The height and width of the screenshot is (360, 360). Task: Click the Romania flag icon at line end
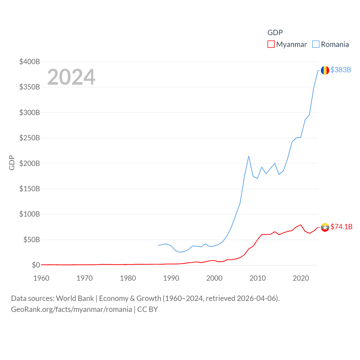click(325, 70)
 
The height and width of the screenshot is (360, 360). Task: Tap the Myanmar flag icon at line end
click(325, 227)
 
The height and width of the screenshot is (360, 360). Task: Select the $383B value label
click(341, 70)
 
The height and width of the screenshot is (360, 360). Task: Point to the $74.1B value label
click(341, 227)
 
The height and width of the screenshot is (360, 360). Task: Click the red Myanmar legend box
click(271, 44)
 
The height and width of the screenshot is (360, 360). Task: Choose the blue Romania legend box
click(316, 44)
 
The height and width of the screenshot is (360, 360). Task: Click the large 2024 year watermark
click(71, 77)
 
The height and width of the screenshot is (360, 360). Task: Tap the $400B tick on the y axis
click(30, 62)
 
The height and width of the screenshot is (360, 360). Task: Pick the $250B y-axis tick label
click(30, 138)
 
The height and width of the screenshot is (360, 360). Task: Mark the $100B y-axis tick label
click(30, 214)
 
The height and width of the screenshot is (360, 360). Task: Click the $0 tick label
click(36, 265)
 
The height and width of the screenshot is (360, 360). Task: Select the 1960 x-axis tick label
click(41, 278)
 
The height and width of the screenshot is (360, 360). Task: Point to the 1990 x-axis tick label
click(171, 278)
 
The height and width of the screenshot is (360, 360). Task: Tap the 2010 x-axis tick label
click(258, 278)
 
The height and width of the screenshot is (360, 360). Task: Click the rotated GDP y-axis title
click(12, 163)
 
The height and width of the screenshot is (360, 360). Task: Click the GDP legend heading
click(275, 33)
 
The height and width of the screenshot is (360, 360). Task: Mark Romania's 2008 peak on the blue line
click(249, 156)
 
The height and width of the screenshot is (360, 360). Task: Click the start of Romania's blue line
click(158, 246)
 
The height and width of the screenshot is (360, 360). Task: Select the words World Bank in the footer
click(75, 298)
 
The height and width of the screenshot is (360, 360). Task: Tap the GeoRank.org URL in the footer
click(71, 309)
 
